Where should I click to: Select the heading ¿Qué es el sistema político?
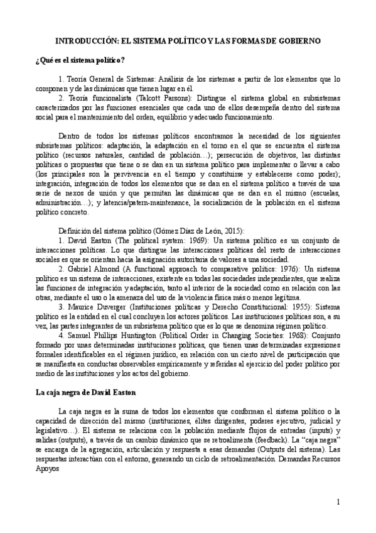[x=80, y=60]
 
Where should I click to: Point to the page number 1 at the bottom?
[x=338, y=503]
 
